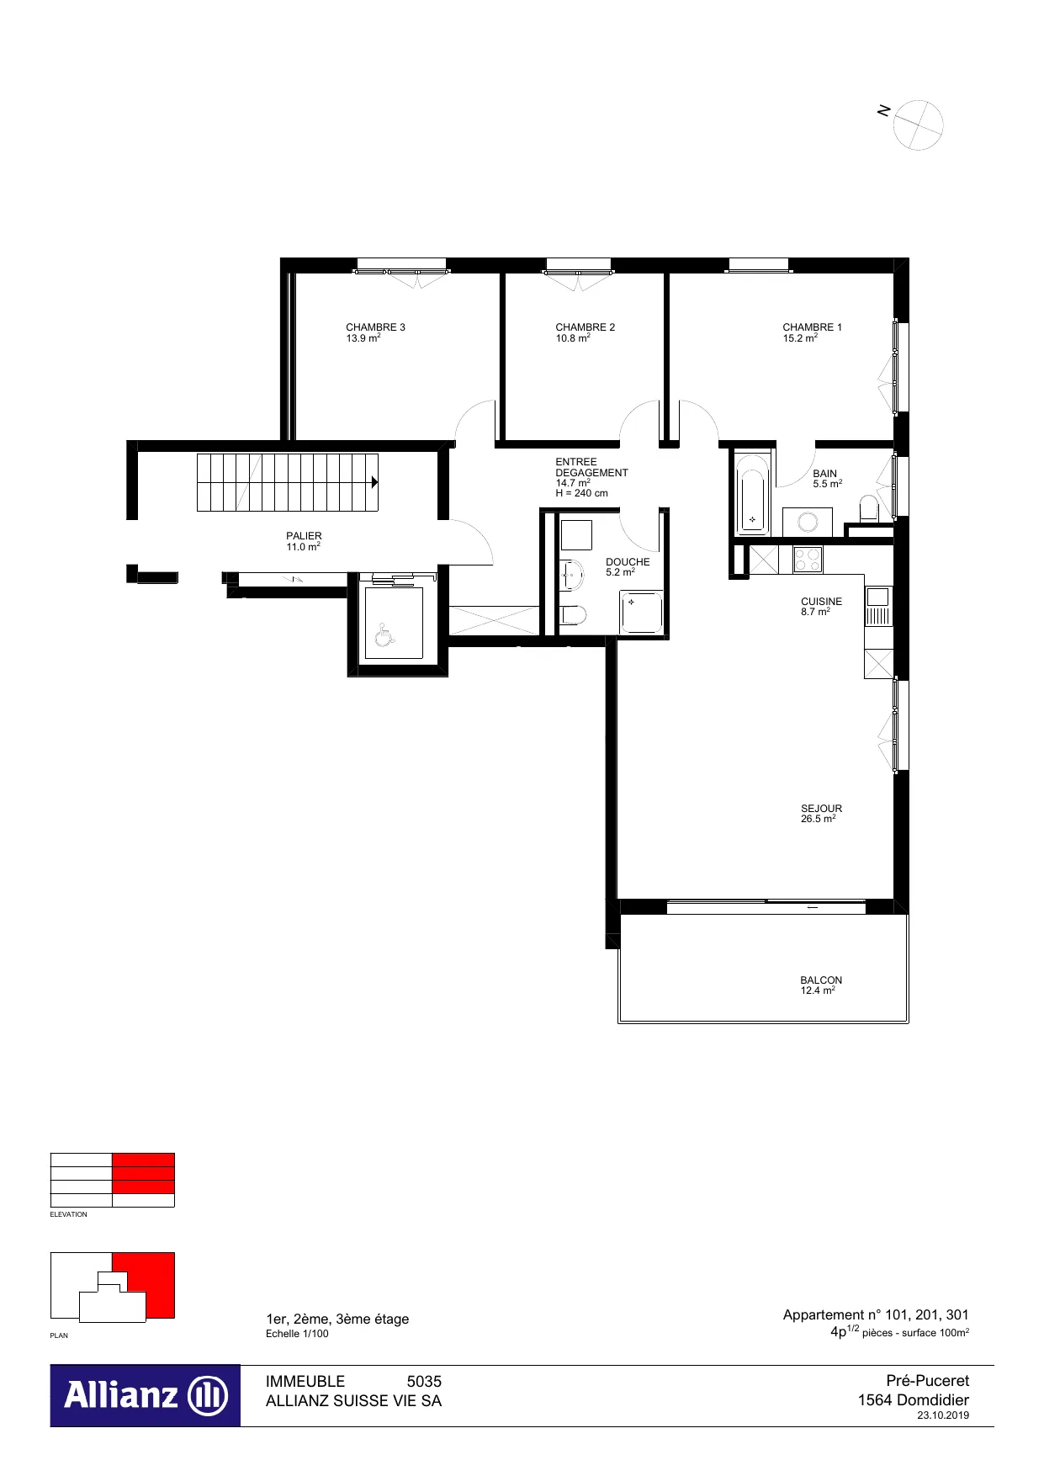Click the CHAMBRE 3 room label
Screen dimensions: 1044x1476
(375, 327)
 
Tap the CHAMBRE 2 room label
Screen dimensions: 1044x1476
(585, 327)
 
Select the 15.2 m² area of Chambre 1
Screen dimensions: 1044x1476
(800, 338)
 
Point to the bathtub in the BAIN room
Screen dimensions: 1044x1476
(752, 496)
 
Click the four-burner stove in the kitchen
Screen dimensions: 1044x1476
(808, 560)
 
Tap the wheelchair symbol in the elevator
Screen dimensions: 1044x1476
(384, 634)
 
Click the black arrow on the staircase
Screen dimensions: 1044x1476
(374, 482)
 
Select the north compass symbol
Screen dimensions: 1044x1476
(918, 125)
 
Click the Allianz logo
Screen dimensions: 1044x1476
(146, 1395)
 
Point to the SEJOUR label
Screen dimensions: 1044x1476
(821, 809)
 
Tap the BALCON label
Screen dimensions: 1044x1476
(821, 980)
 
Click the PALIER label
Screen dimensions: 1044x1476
(304, 536)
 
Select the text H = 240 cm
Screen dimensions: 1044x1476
(581, 493)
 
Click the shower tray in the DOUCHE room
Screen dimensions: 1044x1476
(641, 612)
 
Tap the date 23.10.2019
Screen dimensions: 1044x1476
(943, 1415)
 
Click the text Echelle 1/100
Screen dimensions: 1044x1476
(297, 1334)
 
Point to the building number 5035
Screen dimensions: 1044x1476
(424, 1381)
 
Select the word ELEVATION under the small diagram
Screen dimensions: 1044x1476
(68, 1214)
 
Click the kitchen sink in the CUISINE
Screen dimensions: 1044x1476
(877, 607)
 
